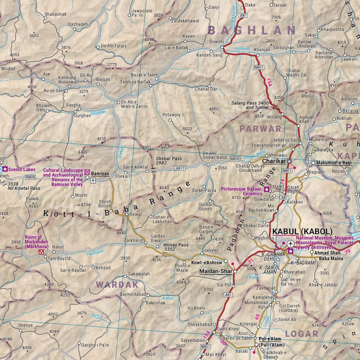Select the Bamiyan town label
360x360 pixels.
click(100, 174)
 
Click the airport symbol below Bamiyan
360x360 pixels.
click(93, 180)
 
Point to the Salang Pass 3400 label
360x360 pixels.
click(251, 103)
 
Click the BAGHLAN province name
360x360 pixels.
click(252, 30)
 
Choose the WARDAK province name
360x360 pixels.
click(117, 284)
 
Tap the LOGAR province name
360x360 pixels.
click(302, 333)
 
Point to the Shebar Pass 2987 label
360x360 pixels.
click(169, 161)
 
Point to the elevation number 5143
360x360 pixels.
click(33, 206)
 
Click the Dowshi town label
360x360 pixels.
click(216, 42)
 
